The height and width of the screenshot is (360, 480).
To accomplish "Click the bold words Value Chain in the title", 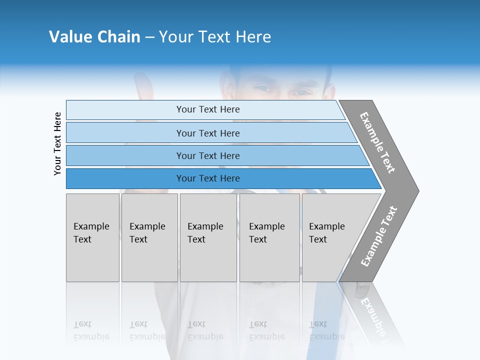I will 94,37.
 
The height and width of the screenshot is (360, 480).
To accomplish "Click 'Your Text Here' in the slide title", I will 215,37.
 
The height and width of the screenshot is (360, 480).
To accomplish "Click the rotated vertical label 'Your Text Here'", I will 57,143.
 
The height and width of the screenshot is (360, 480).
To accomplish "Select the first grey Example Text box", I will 92,237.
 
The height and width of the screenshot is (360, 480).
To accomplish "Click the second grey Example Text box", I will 149,237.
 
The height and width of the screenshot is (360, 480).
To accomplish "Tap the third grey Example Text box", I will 208,237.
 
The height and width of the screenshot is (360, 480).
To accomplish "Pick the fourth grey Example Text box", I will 269,237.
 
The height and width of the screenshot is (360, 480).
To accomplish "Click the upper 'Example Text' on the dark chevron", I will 377,142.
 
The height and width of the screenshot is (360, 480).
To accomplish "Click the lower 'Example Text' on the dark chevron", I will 379,236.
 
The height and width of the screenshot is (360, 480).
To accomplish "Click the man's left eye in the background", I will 301,92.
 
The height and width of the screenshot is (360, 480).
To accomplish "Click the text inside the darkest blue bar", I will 208,178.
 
